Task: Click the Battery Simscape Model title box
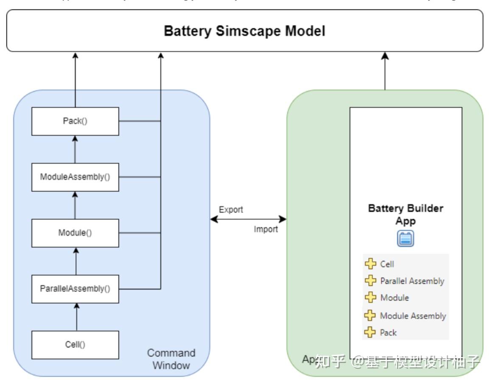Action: tap(245, 31)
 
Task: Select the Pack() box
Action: tap(75, 121)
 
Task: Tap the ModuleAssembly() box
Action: tap(75, 177)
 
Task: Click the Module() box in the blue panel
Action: tap(75, 233)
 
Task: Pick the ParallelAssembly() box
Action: tap(75, 289)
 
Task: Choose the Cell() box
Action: tap(75, 345)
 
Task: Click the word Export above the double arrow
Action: tap(231, 210)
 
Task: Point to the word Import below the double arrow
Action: tap(266, 229)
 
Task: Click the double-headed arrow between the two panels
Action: tap(248, 219)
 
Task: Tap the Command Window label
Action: tap(171, 359)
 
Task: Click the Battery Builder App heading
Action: tap(405, 214)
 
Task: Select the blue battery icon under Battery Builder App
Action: tap(406, 239)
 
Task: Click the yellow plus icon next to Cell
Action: tap(370, 264)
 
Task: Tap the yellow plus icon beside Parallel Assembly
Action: tap(370, 280)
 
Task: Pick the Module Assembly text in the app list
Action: tap(412, 316)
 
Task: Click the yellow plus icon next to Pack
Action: tap(370, 332)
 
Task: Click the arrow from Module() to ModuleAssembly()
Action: tap(75, 205)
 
